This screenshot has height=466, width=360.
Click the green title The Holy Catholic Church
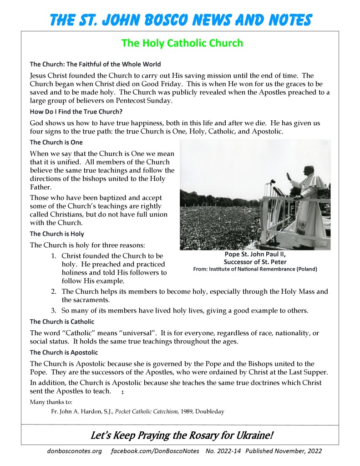[x=182, y=43]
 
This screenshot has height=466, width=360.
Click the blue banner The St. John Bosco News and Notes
[x=181, y=20]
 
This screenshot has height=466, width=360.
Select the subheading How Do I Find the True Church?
[x=76, y=112]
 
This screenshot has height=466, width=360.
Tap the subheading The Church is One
[x=56, y=142]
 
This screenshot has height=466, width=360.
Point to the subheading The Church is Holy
[x=57, y=234]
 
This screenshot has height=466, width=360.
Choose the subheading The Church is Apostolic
[x=64, y=353]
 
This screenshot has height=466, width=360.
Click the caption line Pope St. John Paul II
[x=255, y=255]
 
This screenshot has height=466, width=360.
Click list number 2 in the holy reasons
[x=53, y=292]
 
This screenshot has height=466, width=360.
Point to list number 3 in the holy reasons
[x=53, y=311]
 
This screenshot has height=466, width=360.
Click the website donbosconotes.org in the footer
[x=74, y=451]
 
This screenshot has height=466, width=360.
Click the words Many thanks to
[x=51, y=402]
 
